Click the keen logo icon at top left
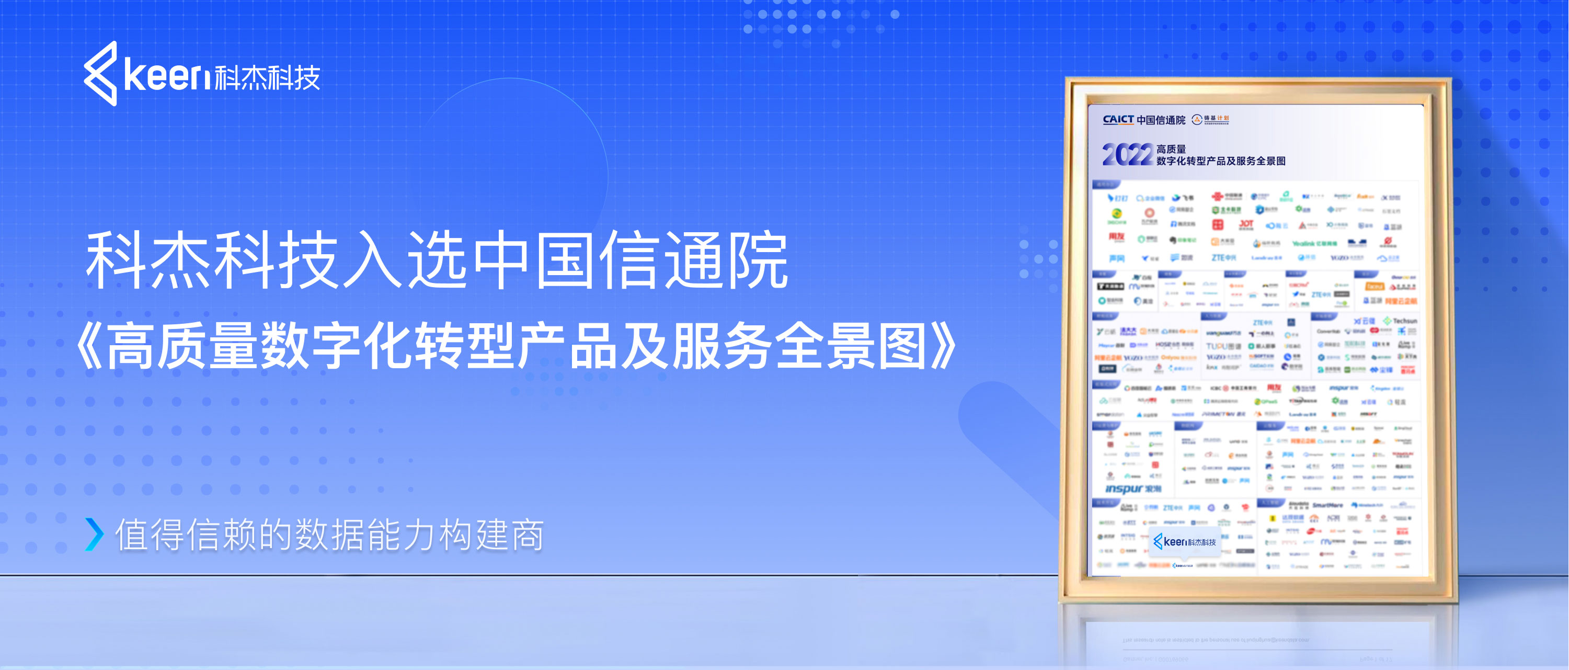(100, 74)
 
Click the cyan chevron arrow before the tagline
(95, 534)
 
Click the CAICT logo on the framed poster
(1118, 119)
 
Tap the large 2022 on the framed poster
(1127, 155)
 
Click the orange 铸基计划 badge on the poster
(1211, 119)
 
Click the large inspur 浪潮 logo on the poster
(1132, 489)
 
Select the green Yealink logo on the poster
(1314, 243)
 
